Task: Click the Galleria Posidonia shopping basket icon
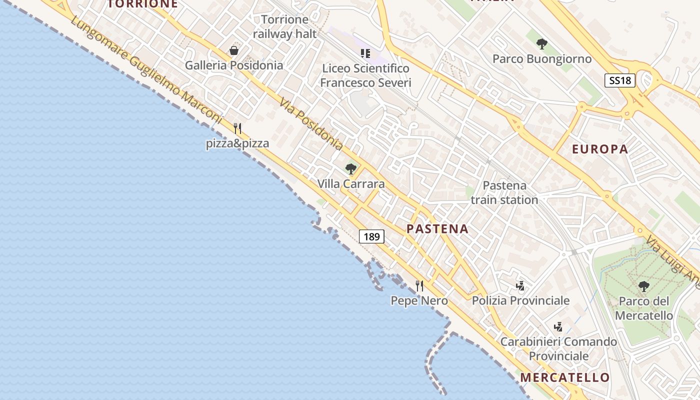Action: [x=233, y=50]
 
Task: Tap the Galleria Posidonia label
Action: [x=234, y=65]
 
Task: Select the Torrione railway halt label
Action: [x=285, y=27]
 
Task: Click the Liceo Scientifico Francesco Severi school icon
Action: [x=365, y=53]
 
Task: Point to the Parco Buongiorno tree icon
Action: [x=541, y=44]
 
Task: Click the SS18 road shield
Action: [x=620, y=80]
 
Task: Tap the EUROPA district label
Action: [x=600, y=149]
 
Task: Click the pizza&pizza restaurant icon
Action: [x=237, y=128]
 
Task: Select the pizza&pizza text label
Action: [x=237, y=144]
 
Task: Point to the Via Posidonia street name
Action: [x=311, y=124]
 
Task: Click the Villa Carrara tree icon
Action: [x=351, y=169]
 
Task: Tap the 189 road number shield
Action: [x=371, y=236]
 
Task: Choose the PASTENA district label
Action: [x=437, y=229]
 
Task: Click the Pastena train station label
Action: [x=504, y=192]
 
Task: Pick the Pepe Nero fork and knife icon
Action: [x=419, y=286]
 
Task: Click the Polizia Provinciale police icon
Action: [x=520, y=286]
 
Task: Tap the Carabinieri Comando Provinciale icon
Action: [x=558, y=327]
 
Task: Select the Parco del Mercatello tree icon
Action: [x=643, y=286]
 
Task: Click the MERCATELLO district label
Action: [x=565, y=377]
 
